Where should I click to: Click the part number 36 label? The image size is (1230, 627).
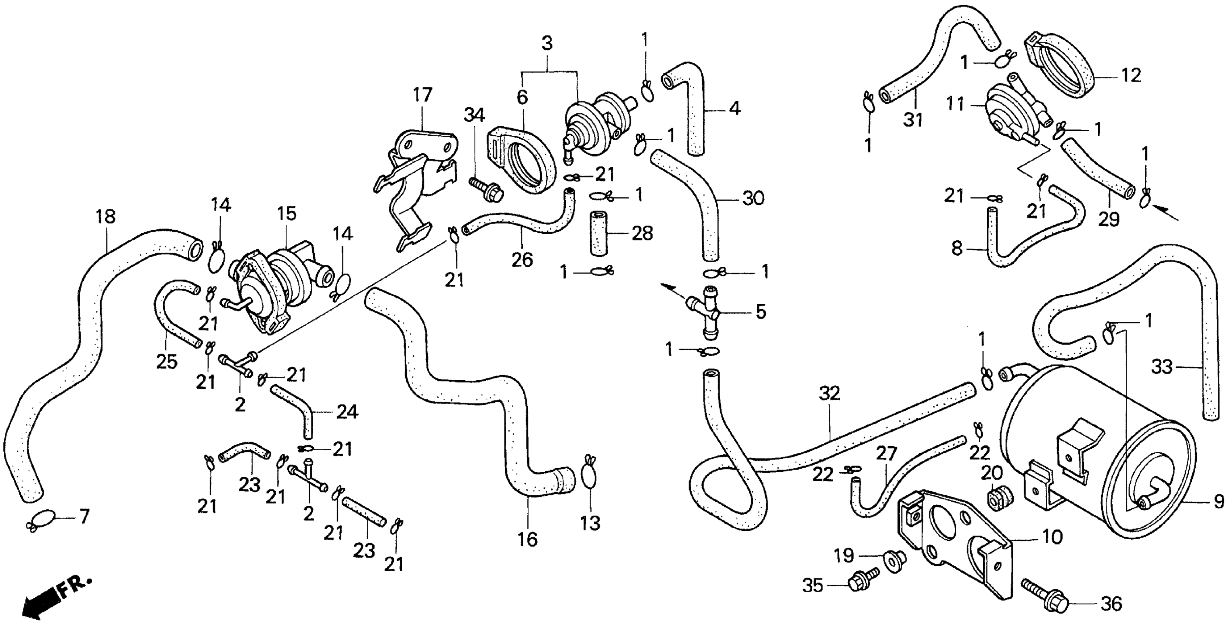tap(1111, 605)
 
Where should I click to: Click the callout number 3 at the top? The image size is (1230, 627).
tap(547, 44)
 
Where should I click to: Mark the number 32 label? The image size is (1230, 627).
tap(829, 394)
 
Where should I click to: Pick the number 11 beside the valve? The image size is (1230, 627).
tap(956, 104)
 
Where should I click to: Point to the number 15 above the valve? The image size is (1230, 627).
tap(287, 214)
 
